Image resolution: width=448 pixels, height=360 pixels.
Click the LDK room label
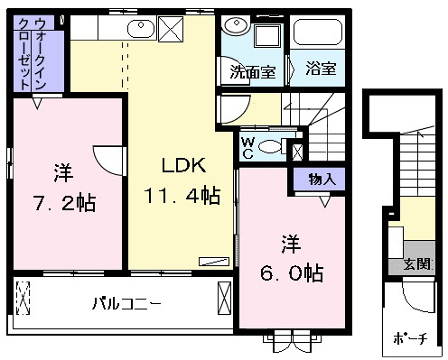coord(183,165)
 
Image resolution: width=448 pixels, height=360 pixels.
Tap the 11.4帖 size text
coord(182,196)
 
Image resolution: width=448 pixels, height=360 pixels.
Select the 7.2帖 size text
coord(65,203)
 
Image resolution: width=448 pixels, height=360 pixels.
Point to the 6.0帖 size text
coord(292,273)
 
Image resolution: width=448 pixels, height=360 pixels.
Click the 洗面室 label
coord(253,72)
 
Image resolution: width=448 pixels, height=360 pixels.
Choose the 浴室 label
coord(321,68)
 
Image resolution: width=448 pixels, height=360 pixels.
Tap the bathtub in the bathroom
coord(318,32)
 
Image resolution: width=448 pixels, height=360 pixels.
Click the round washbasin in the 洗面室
coord(237,25)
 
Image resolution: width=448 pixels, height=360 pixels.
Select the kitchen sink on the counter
coord(141,29)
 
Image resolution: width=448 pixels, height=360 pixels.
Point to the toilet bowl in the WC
coord(269,146)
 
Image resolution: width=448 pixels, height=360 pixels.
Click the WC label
coord(248,148)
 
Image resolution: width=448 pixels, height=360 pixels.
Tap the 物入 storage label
coord(322,180)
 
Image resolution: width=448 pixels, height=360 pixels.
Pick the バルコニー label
coord(126,304)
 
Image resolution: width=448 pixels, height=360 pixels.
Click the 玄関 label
coord(417,264)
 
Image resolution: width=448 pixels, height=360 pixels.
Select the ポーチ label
coord(410,338)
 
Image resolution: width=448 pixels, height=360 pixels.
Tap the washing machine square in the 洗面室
coord(267,36)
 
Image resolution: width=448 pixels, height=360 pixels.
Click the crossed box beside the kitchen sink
coord(171,29)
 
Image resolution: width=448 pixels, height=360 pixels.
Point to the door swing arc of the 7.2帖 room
coord(104,162)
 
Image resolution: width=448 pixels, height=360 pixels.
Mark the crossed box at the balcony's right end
coord(224,299)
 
